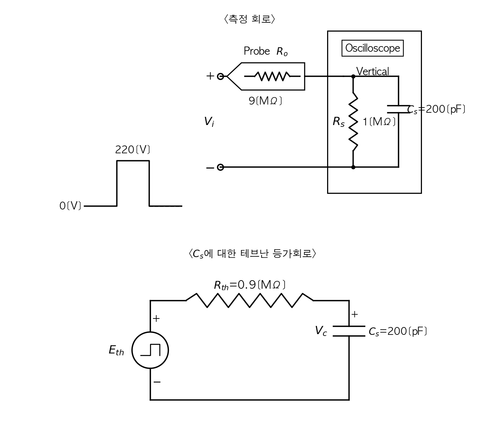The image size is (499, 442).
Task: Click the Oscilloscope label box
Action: click(x=372, y=48)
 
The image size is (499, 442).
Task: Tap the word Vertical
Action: click(x=372, y=71)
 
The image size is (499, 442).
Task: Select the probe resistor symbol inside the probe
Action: click(x=272, y=76)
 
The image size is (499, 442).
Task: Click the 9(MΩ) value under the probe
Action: click(x=265, y=100)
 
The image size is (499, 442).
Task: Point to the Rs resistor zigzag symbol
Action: click(x=353, y=121)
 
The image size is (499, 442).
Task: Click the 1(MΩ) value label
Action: click(x=379, y=121)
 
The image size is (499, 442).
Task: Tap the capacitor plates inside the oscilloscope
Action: click(x=398, y=109)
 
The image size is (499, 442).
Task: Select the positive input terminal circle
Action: click(x=220, y=76)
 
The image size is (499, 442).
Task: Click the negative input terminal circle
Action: click(x=220, y=167)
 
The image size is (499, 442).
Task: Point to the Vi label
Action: click(x=209, y=121)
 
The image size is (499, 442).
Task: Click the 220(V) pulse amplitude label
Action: click(x=132, y=150)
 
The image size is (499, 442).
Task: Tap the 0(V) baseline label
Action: click(x=70, y=206)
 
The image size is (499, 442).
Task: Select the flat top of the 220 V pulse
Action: click(x=133, y=161)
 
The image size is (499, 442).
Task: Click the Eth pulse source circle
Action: click(x=150, y=350)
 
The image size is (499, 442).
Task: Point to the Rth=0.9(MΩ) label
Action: click(x=249, y=285)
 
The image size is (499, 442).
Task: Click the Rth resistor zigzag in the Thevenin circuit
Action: click(x=249, y=300)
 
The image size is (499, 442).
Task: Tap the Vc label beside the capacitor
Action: click(x=321, y=330)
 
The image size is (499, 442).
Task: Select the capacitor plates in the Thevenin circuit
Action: click(x=349, y=331)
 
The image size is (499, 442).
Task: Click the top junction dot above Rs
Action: click(x=353, y=76)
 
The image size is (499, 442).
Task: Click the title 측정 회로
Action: click(x=249, y=19)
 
